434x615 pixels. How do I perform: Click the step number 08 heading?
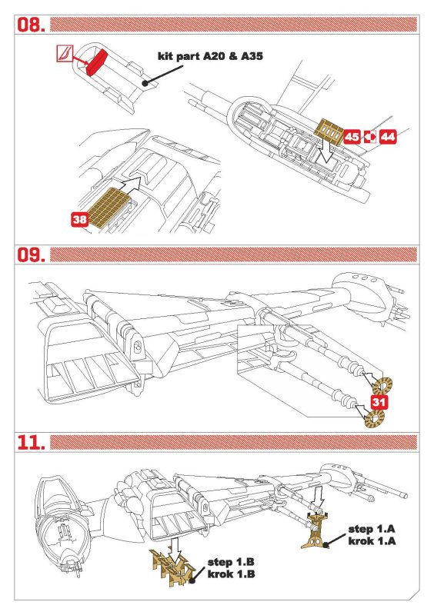[x=31, y=25]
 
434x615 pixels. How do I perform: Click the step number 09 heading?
[x=31, y=255]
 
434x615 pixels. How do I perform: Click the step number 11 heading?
[x=31, y=442]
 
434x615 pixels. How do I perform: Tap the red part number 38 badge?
[x=80, y=219]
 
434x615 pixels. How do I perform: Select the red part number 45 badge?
[x=352, y=137]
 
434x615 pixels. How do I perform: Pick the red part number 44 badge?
[x=388, y=137]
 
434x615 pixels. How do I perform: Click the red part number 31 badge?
[x=379, y=402]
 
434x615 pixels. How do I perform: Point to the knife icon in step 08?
[x=63, y=52]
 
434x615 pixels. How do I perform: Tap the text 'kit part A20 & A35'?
[x=210, y=56]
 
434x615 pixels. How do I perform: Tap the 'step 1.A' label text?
[x=372, y=529]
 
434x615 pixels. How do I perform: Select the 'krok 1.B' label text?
[x=231, y=574]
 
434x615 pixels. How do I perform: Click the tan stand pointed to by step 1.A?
[x=316, y=530]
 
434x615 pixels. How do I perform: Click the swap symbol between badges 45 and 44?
[x=370, y=137]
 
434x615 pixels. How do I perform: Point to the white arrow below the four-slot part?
[x=326, y=153]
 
